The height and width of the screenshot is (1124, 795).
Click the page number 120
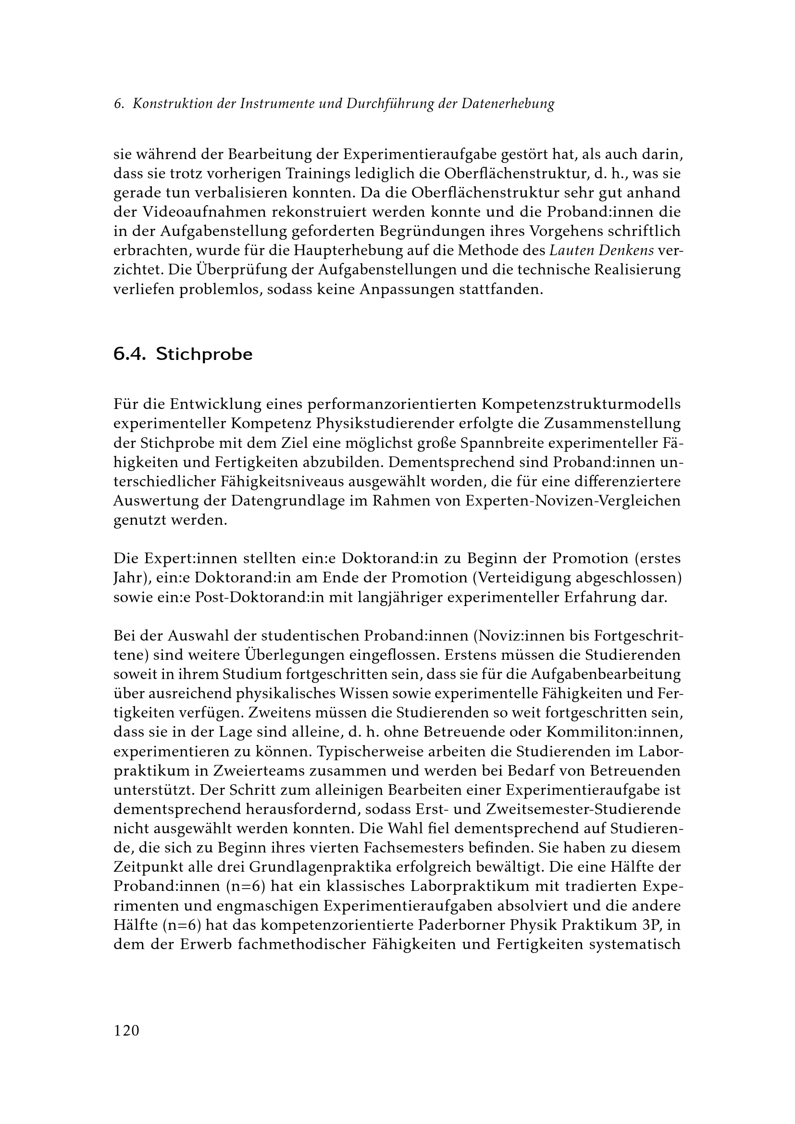(x=126, y=1030)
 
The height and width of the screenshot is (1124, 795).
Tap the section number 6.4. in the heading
(x=130, y=354)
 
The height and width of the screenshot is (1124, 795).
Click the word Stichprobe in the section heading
(x=204, y=355)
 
